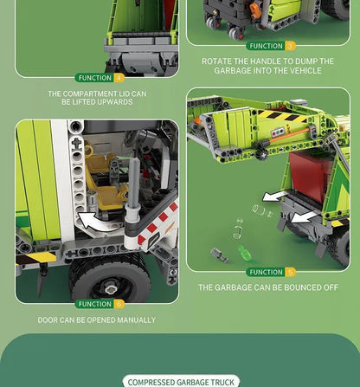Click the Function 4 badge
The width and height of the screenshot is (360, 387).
100,78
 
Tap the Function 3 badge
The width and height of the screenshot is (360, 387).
271,46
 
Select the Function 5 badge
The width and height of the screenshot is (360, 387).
271,272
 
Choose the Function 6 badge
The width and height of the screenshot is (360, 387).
100,304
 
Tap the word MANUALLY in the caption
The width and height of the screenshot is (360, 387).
136,320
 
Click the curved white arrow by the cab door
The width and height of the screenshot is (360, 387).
92,222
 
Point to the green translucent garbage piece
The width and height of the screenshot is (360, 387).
245,253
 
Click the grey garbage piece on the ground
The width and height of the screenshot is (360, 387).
218,255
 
